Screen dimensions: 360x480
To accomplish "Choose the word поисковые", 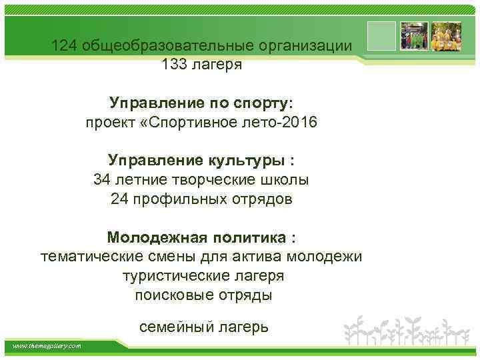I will coord(167,295).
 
